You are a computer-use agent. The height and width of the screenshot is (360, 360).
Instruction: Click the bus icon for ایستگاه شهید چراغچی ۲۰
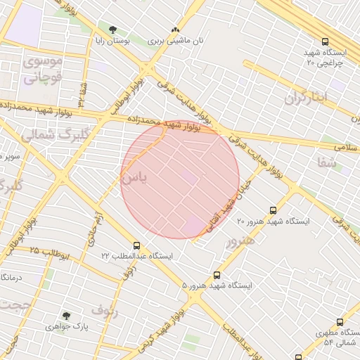[x=324, y=41]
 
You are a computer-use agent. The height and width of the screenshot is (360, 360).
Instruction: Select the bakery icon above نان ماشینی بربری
[x=175, y=30]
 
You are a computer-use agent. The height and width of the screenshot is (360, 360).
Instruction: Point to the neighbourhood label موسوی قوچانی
[x=44, y=69]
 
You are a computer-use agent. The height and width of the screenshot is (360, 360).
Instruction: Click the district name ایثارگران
[x=307, y=98]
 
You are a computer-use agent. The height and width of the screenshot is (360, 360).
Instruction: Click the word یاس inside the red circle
[x=134, y=179]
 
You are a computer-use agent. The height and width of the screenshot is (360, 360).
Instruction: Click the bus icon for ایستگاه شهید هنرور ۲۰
[x=274, y=210]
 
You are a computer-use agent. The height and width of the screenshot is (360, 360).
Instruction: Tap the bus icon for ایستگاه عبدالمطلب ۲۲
[x=136, y=246]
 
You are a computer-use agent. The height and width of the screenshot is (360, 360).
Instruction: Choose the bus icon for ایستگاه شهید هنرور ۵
[x=217, y=275]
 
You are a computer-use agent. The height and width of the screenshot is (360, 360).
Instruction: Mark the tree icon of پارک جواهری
[x=66, y=316]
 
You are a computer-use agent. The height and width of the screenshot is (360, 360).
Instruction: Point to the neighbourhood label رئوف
[x=105, y=309]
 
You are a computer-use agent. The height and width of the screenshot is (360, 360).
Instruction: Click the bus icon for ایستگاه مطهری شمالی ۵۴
[x=340, y=322]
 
